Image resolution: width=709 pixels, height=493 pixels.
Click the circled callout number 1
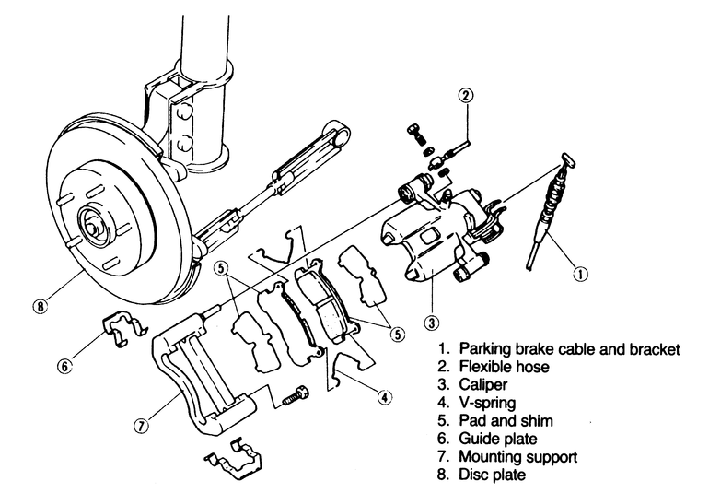point(579,272)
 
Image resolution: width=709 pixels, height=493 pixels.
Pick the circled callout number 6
point(64,366)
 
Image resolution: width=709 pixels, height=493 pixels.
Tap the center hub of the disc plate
point(92,223)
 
